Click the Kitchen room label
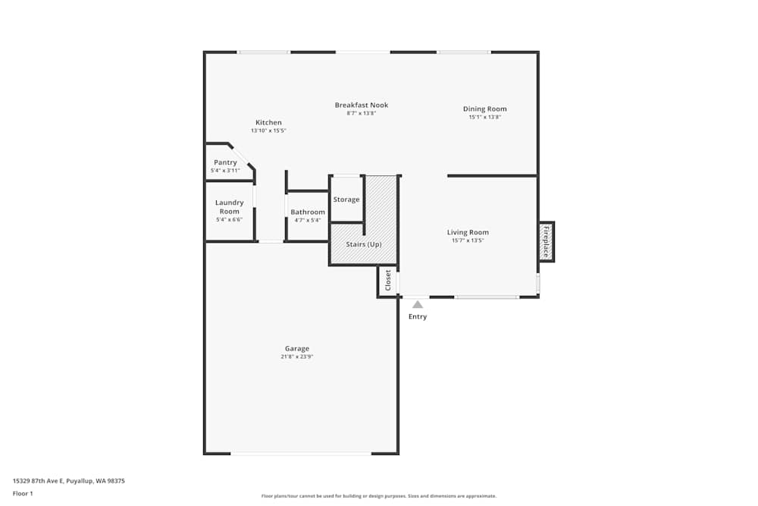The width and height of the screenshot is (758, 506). [x=268, y=123]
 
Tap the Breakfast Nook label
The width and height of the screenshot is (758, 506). [x=362, y=105]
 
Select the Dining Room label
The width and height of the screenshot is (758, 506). [x=485, y=109]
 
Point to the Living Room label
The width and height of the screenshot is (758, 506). [x=468, y=232]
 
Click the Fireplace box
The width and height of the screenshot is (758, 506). [x=546, y=242]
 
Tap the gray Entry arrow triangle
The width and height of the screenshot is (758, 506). [x=418, y=304]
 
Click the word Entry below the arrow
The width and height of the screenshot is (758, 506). [x=418, y=316]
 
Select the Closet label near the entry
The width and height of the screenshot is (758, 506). [x=388, y=281]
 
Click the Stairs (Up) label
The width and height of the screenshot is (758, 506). [x=364, y=244]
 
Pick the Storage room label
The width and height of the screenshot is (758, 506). [x=346, y=200]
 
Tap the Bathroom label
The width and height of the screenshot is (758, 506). [x=308, y=212]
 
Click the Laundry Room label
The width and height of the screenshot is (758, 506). [x=230, y=207]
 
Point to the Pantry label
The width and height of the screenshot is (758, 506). [x=225, y=162]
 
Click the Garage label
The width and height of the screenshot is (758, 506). [x=297, y=349]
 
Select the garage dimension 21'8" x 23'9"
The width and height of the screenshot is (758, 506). [x=297, y=357]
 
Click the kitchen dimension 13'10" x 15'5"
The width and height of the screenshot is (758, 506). [x=268, y=130]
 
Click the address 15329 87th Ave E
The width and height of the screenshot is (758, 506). [x=68, y=480]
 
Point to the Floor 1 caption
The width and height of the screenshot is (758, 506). [x=23, y=493]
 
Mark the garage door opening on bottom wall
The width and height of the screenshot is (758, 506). [x=301, y=454]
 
